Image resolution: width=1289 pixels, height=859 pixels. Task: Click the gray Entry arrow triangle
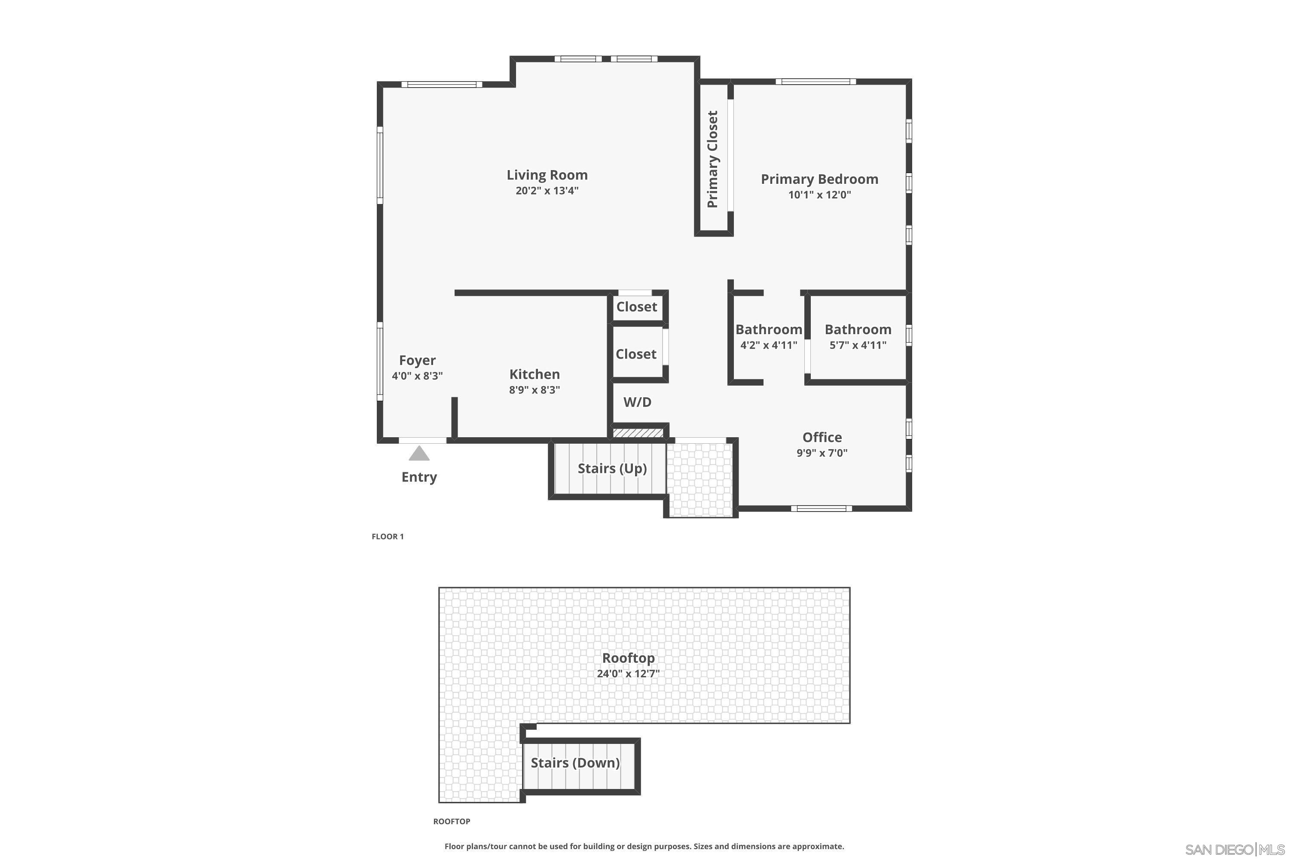click(419, 453)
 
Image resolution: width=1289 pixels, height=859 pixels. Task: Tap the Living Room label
click(547, 175)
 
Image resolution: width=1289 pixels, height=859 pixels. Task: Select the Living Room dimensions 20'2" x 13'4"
click(547, 191)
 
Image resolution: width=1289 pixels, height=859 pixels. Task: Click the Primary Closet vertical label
click(712, 159)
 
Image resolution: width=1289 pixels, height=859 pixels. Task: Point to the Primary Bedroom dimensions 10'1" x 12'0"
click(819, 195)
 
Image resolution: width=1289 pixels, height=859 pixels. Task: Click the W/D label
click(637, 402)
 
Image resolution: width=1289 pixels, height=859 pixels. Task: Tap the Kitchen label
click(535, 374)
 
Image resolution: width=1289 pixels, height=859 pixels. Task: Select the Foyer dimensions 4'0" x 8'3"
click(417, 376)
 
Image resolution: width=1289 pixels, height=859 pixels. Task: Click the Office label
click(822, 437)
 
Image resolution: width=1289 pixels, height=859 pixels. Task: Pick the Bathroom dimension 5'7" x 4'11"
click(858, 345)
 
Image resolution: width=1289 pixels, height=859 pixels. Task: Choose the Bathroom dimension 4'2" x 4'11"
click(768, 345)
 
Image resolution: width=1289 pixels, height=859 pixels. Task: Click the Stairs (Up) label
click(612, 469)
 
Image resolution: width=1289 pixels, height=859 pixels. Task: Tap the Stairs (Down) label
click(575, 763)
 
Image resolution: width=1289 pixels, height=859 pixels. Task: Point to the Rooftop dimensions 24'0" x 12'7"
click(628, 673)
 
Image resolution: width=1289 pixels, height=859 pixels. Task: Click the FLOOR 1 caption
click(388, 536)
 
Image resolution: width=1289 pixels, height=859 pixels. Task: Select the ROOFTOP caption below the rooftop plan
click(452, 821)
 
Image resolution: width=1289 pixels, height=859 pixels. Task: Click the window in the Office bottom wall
click(822, 509)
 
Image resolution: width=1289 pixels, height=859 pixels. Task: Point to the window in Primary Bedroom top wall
click(816, 82)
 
